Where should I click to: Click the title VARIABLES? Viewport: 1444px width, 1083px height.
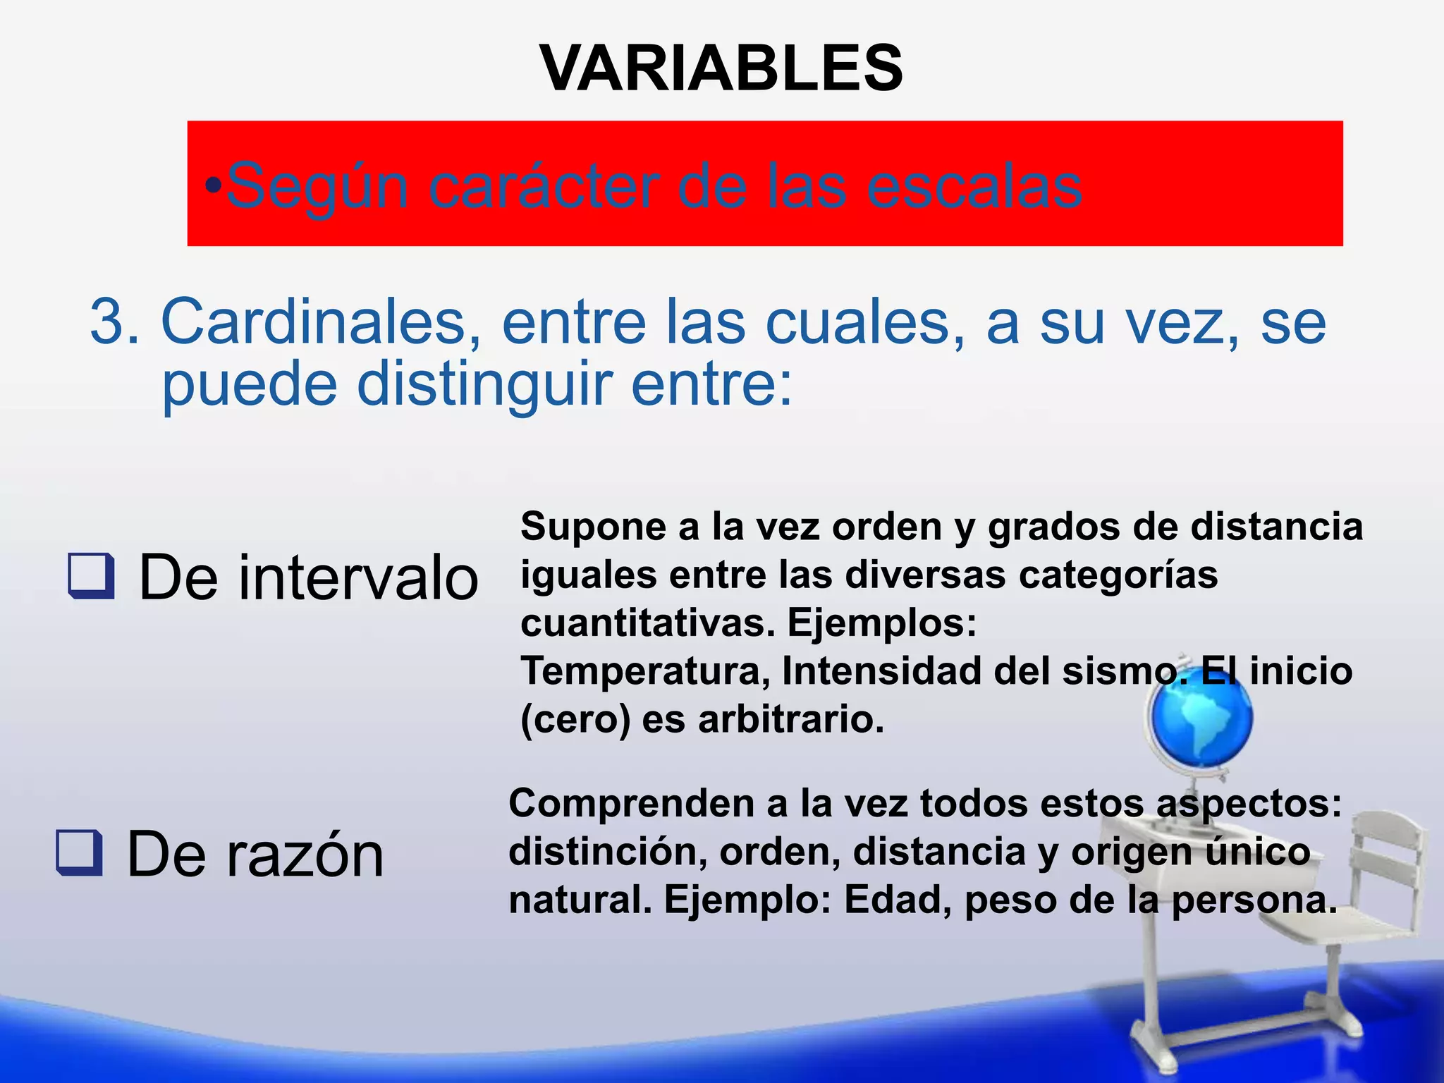[x=721, y=68]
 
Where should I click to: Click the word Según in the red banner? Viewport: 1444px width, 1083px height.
[x=317, y=185]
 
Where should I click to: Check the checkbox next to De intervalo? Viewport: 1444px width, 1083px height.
[x=91, y=576]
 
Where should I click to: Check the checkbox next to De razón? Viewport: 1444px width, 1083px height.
[x=79, y=852]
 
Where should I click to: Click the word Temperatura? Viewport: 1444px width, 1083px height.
[x=645, y=671]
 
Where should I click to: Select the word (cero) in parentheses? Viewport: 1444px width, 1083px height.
[x=575, y=720]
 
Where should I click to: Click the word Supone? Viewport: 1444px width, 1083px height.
[x=594, y=527]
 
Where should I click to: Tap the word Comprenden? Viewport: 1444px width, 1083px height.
[x=632, y=803]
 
